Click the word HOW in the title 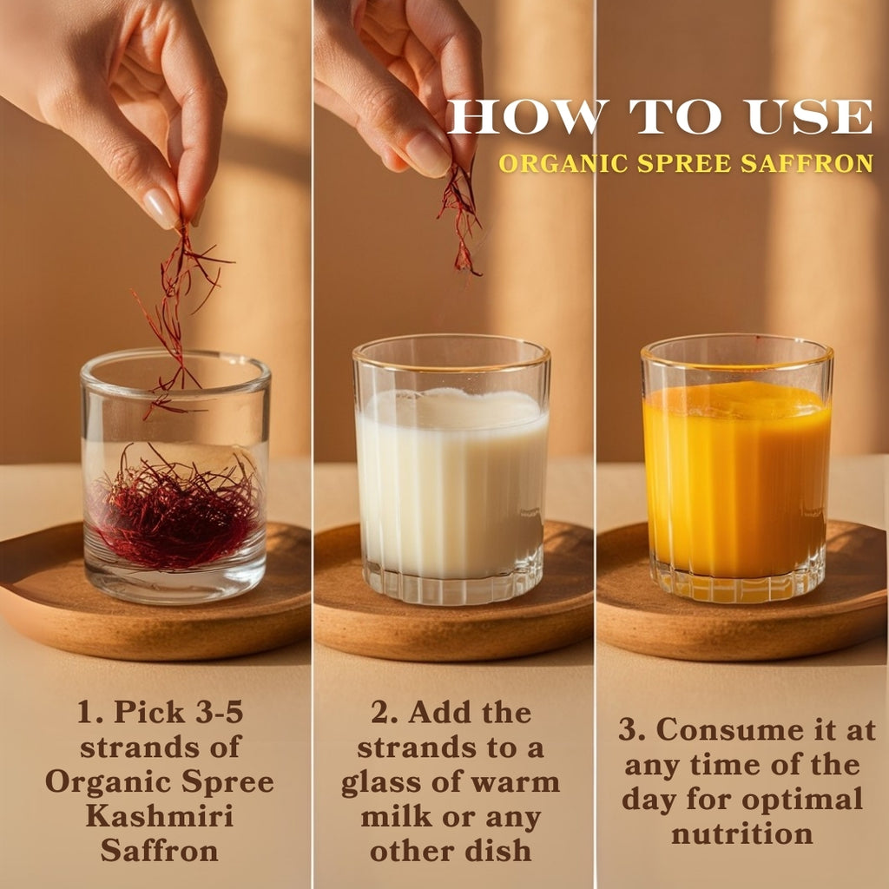tap(525, 117)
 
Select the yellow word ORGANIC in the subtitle tap(563, 163)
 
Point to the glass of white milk tap(451, 470)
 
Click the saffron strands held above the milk tap(461, 218)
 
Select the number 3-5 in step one tap(219, 712)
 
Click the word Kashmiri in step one tap(160, 816)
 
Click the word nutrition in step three tap(742, 834)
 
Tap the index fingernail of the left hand tap(161, 208)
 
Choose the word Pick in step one tap(149, 712)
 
